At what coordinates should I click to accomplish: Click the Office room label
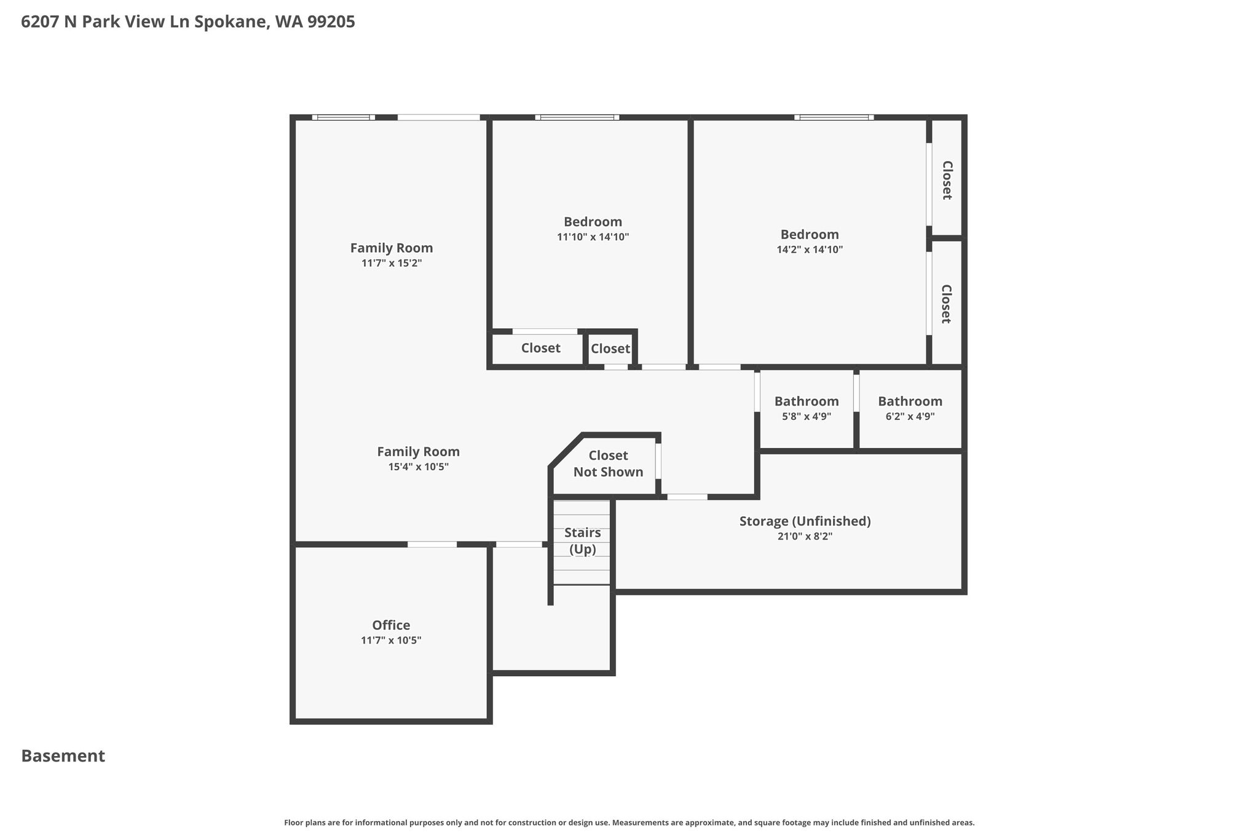(391, 625)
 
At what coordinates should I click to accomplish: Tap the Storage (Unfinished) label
(805, 521)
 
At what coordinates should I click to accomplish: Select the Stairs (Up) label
(582, 541)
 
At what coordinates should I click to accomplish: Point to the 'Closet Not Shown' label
(608, 463)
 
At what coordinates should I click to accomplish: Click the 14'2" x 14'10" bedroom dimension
(810, 250)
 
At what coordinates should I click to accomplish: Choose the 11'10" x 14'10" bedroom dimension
(593, 237)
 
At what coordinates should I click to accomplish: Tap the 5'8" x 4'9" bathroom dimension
(807, 416)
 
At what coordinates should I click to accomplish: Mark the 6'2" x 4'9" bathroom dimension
(910, 416)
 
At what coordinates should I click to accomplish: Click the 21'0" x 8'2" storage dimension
(805, 536)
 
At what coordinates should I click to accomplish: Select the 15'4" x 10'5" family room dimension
(418, 467)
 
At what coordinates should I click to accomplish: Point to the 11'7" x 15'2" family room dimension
(392, 263)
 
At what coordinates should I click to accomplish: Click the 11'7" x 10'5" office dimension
(391, 640)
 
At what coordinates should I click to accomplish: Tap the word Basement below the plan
(63, 756)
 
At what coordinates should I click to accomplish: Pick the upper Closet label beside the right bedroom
(947, 180)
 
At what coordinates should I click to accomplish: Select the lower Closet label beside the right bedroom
(947, 304)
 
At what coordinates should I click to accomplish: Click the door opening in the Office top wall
(432, 544)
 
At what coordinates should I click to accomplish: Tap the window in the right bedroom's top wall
(834, 117)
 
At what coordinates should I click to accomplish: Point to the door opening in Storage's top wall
(687, 497)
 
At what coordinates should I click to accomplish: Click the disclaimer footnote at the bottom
(629, 822)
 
